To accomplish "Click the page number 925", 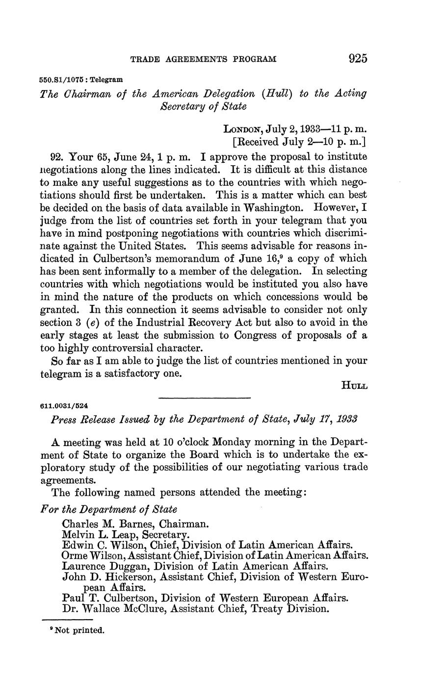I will (x=358, y=58).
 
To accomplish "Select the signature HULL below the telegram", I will (x=354, y=385).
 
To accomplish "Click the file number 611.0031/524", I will (x=64, y=405).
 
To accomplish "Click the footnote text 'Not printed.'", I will (x=79, y=630).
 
